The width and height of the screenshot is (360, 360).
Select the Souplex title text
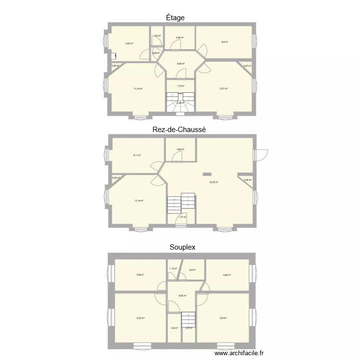pos(182,247)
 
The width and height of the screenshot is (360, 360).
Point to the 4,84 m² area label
pos(180,63)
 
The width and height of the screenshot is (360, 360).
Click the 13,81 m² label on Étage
pos(223,88)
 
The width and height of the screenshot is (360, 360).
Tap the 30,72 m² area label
pos(214,182)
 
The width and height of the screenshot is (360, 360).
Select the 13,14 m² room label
pos(139,201)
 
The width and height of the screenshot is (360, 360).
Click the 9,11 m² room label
pos(137,155)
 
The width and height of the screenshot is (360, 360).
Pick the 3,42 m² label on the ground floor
pos(180,149)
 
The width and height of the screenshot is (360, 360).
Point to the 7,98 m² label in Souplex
pos(140,275)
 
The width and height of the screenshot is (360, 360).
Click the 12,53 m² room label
pos(140,318)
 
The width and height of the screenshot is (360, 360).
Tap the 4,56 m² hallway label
pos(182,296)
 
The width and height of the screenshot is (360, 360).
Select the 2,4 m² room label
pos(192,270)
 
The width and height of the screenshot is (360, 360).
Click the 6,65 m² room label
pos(227,275)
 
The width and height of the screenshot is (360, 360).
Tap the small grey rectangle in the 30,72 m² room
pos(207,174)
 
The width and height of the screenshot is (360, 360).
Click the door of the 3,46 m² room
pos(175,46)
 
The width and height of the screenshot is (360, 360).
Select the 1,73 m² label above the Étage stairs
pos(180,86)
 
